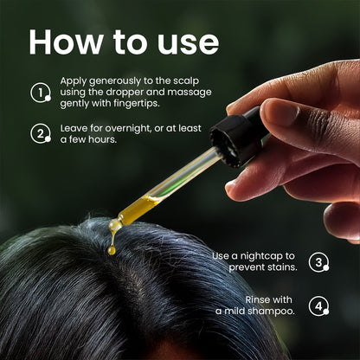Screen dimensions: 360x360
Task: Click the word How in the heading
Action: coord(65,42)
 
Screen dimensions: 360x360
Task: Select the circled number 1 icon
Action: coord(41,93)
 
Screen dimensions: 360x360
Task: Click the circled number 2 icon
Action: coord(41,133)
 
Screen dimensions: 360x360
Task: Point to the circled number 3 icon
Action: coord(318,262)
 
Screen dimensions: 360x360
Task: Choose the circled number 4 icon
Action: coord(318,306)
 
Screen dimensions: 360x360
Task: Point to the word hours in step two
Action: coord(102,139)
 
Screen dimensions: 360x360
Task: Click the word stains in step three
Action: coord(282,267)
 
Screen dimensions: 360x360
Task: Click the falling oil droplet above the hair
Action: coord(112,250)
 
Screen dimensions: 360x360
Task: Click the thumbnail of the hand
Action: coord(278,112)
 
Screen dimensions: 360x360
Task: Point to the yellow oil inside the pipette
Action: coord(138,209)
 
